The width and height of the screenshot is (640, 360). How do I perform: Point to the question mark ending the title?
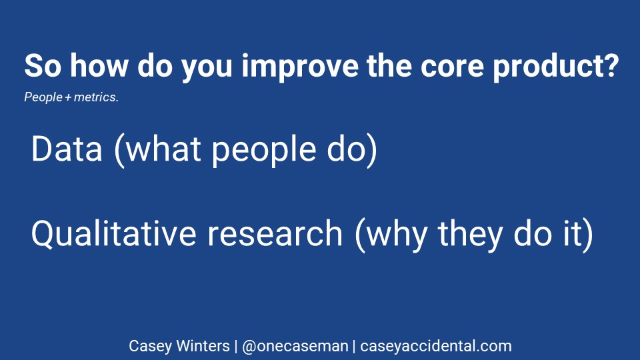[611, 65]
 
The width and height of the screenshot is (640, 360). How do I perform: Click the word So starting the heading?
[43, 66]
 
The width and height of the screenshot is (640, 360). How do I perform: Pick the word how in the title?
[99, 65]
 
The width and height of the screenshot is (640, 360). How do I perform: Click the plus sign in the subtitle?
[68, 97]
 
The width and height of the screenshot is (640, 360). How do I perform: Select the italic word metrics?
[96, 97]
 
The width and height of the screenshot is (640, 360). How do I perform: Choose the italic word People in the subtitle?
[43, 97]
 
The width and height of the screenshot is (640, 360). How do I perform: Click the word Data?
[67, 149]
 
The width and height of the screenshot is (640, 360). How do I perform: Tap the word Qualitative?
[114, 233]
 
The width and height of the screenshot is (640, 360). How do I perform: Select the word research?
[275, 233]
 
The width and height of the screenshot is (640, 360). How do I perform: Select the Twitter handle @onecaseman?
[295, 346]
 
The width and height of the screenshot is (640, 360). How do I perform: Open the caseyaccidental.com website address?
[436, 347]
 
